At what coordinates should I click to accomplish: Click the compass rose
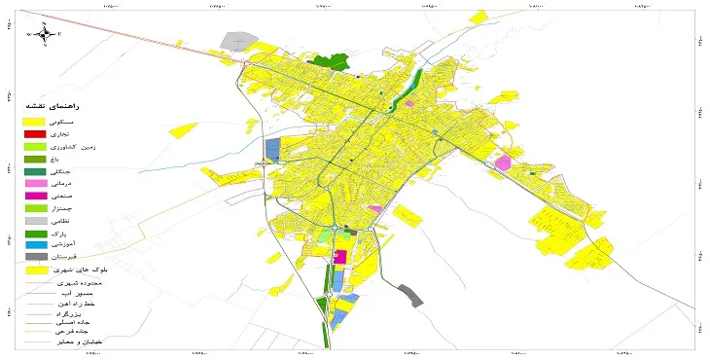[x=44, y=34]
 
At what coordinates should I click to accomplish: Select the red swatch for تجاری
[x=34, y=133]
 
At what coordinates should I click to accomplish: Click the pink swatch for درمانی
[x=34, y=183]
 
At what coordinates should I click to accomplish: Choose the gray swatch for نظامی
[x=34, y=221]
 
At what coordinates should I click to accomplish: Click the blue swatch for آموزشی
[x=34, y=245]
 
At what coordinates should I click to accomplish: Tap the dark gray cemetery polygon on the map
[x=412, y=296]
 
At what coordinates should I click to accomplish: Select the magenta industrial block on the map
[x=340, y=257]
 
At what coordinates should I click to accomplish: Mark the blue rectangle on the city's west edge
[x=273, y=149]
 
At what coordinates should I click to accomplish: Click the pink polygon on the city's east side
[x=503, y=162]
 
